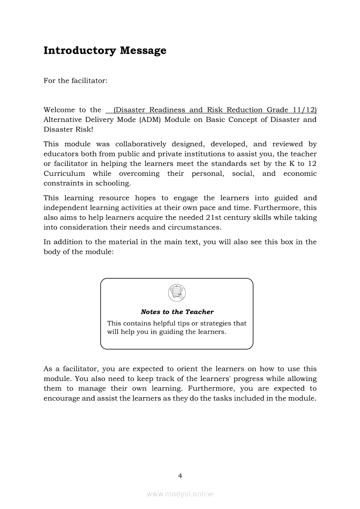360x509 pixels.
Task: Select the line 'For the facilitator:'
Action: [x=75, y=81]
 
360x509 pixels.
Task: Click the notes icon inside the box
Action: [x=177, y=292]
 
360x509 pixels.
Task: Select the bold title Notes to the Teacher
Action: [x=177, y=312]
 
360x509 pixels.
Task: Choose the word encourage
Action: [x=61, y=398]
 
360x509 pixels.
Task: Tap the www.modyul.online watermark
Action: [x=180, y=494]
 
